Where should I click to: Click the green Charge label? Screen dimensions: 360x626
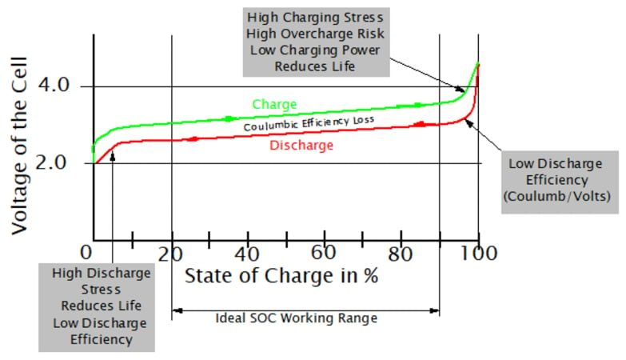274,104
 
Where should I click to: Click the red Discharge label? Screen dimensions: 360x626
301,146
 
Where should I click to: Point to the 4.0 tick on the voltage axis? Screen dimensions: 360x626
53,86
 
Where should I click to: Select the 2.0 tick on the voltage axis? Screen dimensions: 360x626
53,162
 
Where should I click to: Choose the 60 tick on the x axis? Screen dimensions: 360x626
323,254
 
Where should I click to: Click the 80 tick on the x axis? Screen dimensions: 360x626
401,254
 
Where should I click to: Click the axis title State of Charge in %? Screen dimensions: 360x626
281,277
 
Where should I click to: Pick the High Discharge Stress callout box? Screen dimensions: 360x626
97,306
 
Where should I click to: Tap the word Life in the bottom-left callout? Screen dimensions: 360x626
127,306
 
